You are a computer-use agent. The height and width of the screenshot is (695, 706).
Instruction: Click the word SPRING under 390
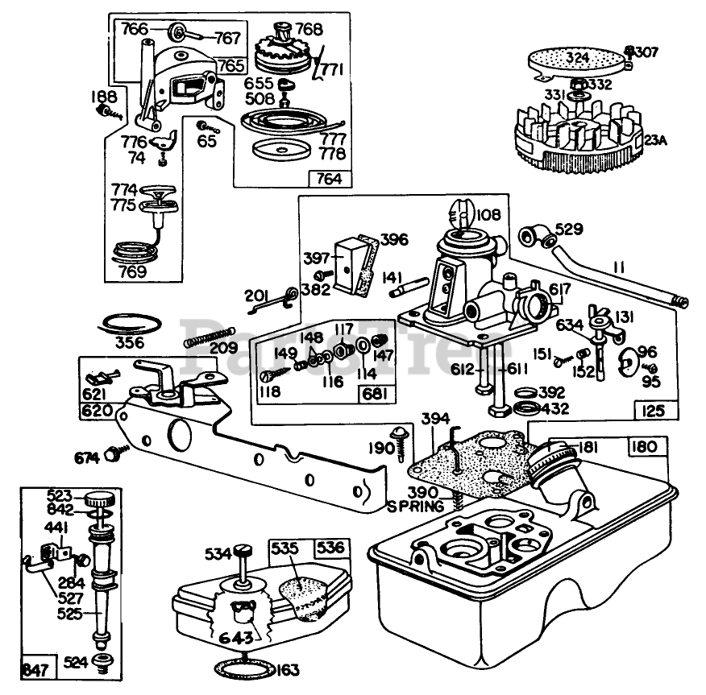tap(415, 507)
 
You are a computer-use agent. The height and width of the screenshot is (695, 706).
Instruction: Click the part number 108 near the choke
tap(488, 215)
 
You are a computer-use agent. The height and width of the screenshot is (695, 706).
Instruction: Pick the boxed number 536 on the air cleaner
tap(330, 548)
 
